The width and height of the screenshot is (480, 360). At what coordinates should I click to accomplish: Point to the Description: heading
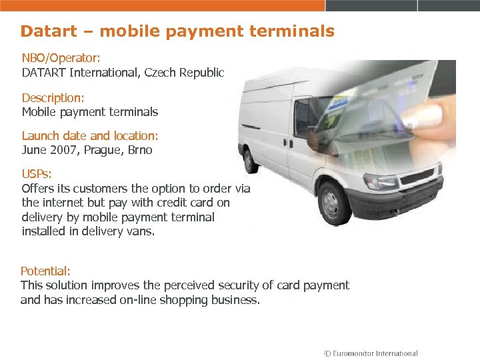click(53, 97)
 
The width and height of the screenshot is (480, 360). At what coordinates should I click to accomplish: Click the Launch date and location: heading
click(90, 136)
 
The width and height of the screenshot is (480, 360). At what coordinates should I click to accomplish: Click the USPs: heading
click(37, 174)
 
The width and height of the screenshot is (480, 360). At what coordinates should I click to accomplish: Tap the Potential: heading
click(45, 271)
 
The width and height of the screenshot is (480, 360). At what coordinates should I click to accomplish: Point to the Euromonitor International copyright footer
click(371, 353)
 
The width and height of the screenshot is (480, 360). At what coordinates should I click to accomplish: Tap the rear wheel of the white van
click(251, 162)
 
